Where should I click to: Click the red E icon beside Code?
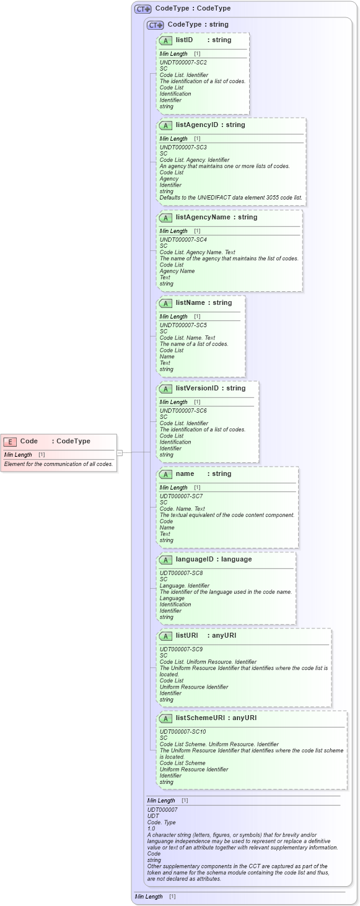coord(10,441)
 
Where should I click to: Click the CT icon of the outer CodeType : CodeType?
coord(143,9)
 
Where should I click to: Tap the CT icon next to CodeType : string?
coord(156,25)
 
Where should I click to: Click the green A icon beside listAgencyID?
coord(165,125)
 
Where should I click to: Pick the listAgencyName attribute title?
coord(216,218)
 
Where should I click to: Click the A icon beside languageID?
coord(165,560)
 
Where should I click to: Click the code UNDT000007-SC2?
coord(183,63)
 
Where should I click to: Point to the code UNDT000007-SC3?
coord(183,147)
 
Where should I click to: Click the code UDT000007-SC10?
coord(183,732)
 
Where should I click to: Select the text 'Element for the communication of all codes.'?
coord(58,464)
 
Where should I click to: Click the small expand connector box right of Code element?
coord(120,453)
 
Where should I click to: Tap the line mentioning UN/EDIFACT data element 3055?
coord(231,198)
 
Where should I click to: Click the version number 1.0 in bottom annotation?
coord(151,829)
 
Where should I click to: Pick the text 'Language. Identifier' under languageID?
coord(186,586)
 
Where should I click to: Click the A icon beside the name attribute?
coord(165,474)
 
